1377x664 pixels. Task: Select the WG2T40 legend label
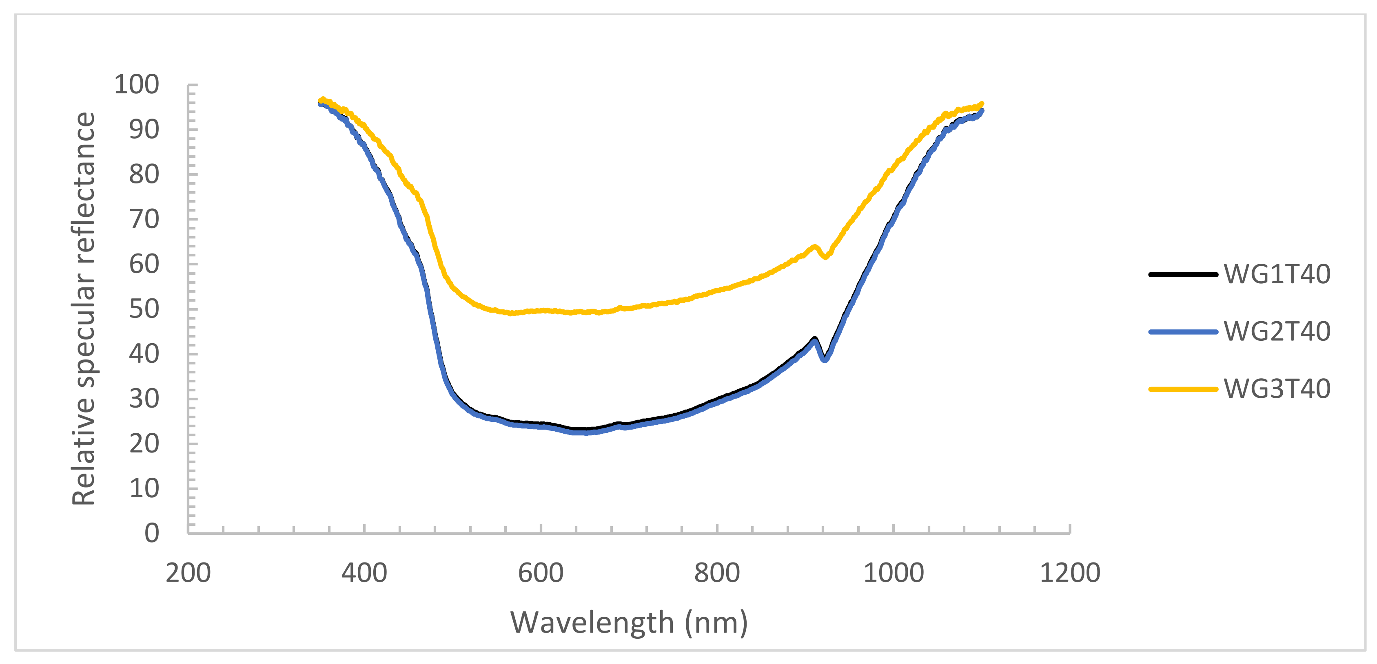click(x=1277, y=332)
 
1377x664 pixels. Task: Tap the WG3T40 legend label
click(x=1277, y=389)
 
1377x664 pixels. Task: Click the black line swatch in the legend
click(x=1182, y=275)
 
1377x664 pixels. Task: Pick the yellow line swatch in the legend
click(x=1182, y=389)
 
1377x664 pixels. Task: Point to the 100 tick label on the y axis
click(x=136, y=84)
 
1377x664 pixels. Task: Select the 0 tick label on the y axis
click(x=152, y=533)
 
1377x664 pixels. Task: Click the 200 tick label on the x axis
click(x=188, y=573)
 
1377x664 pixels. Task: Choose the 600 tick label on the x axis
click(x=541, y=573)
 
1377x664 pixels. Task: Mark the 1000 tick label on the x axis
click(x=893, y=573)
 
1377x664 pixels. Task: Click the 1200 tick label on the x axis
click(x=1070, y=573)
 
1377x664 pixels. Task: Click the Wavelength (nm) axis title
click(x=629, y=623)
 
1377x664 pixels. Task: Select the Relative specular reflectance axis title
click(x=84, y=309)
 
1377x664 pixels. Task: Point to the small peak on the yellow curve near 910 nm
click(x=814, y=246)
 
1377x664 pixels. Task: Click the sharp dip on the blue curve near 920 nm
click(x=825, y=360)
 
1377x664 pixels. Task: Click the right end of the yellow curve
click(x=981, y=104)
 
